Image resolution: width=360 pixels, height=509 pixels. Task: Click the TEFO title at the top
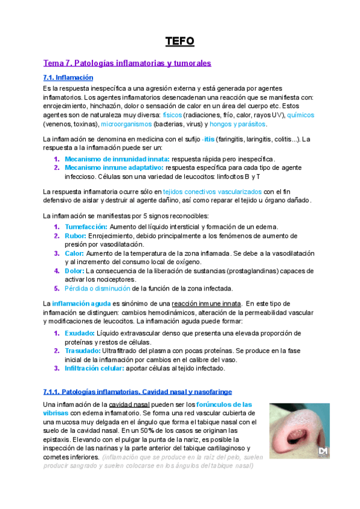click(x=180, y=41)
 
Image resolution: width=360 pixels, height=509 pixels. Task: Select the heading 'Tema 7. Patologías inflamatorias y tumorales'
click(x=127, y=62)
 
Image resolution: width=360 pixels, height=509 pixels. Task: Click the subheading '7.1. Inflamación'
click(x=68, y=78)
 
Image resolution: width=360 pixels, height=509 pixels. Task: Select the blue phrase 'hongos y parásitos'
click(x=238, y=124)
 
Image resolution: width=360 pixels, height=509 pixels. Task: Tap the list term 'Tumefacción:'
click(x=86, y=226)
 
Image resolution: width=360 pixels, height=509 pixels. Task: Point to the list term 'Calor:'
click(x=76, y=253)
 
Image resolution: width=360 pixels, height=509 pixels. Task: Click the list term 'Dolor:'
click(x=76, y=271)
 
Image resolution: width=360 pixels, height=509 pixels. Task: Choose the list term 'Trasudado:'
click(x=83, y=351)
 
